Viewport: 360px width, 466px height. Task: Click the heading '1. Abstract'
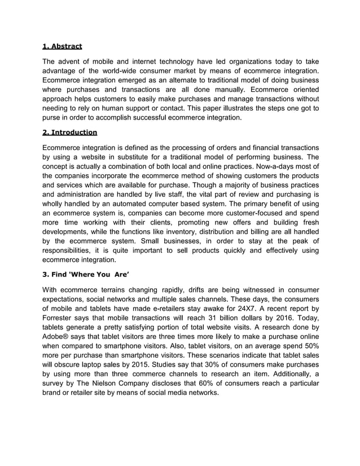(63, 46)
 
